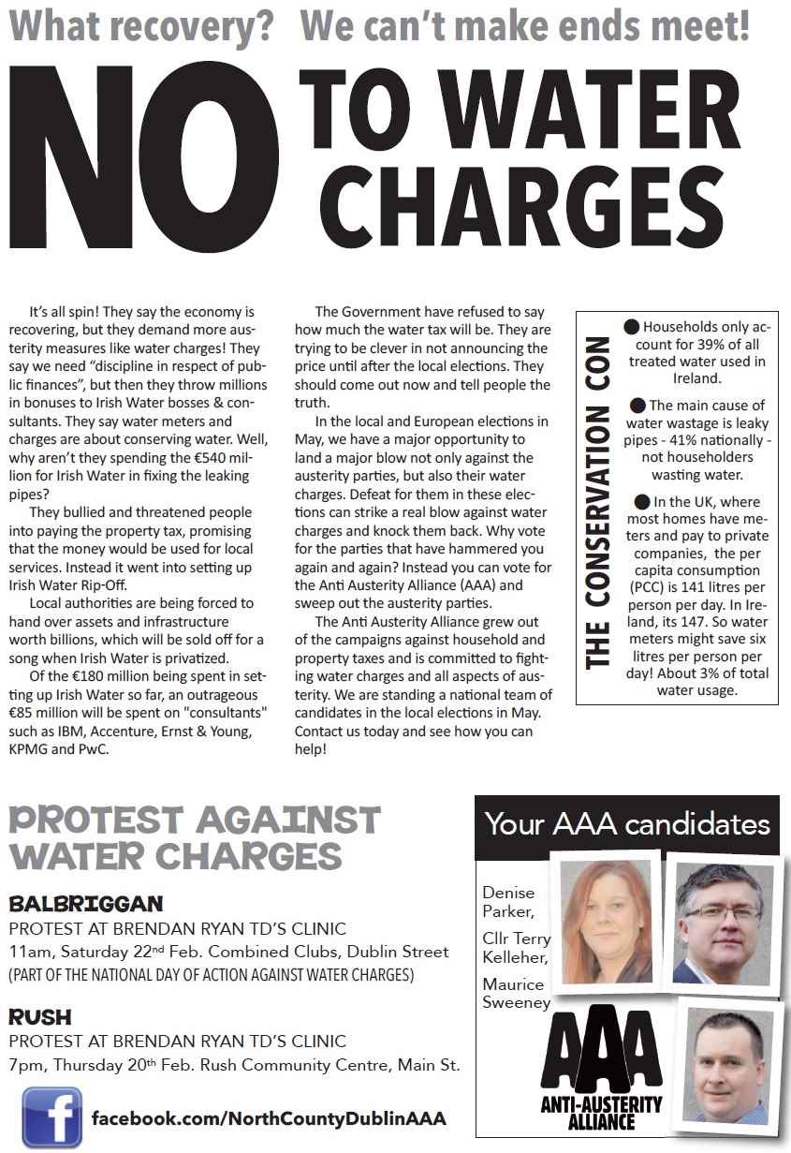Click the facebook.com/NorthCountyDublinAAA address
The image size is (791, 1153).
tap(269, 1118)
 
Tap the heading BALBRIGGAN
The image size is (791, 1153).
tap(86, 905)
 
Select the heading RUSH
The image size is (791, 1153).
tap(40, 1017)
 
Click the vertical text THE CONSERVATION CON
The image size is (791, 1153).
tap(595, 507)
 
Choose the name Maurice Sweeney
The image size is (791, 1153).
tap(514, 993)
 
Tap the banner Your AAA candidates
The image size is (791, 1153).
tap(627, 824)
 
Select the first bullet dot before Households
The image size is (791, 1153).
tap(631, 327)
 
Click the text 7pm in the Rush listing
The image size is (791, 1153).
tap(25, 1065)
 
